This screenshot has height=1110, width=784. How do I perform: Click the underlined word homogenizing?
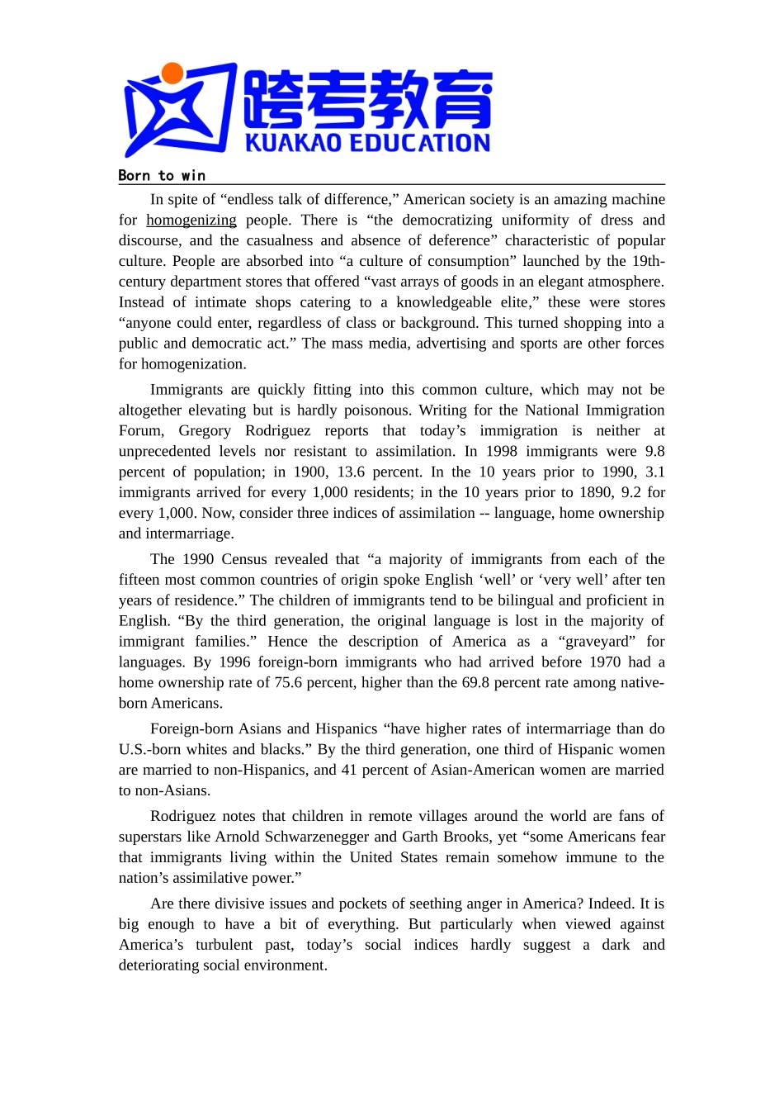[x=191, y=220]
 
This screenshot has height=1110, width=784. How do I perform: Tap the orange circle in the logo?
[x=172, y=74]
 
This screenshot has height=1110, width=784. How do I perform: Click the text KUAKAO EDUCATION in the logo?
[x=367, y=143]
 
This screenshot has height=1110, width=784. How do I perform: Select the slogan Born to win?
[x=162, y=175]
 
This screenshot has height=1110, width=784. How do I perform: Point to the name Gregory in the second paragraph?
[x=205, y=430]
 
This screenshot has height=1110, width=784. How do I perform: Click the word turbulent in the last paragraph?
[x=224, y=945]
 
